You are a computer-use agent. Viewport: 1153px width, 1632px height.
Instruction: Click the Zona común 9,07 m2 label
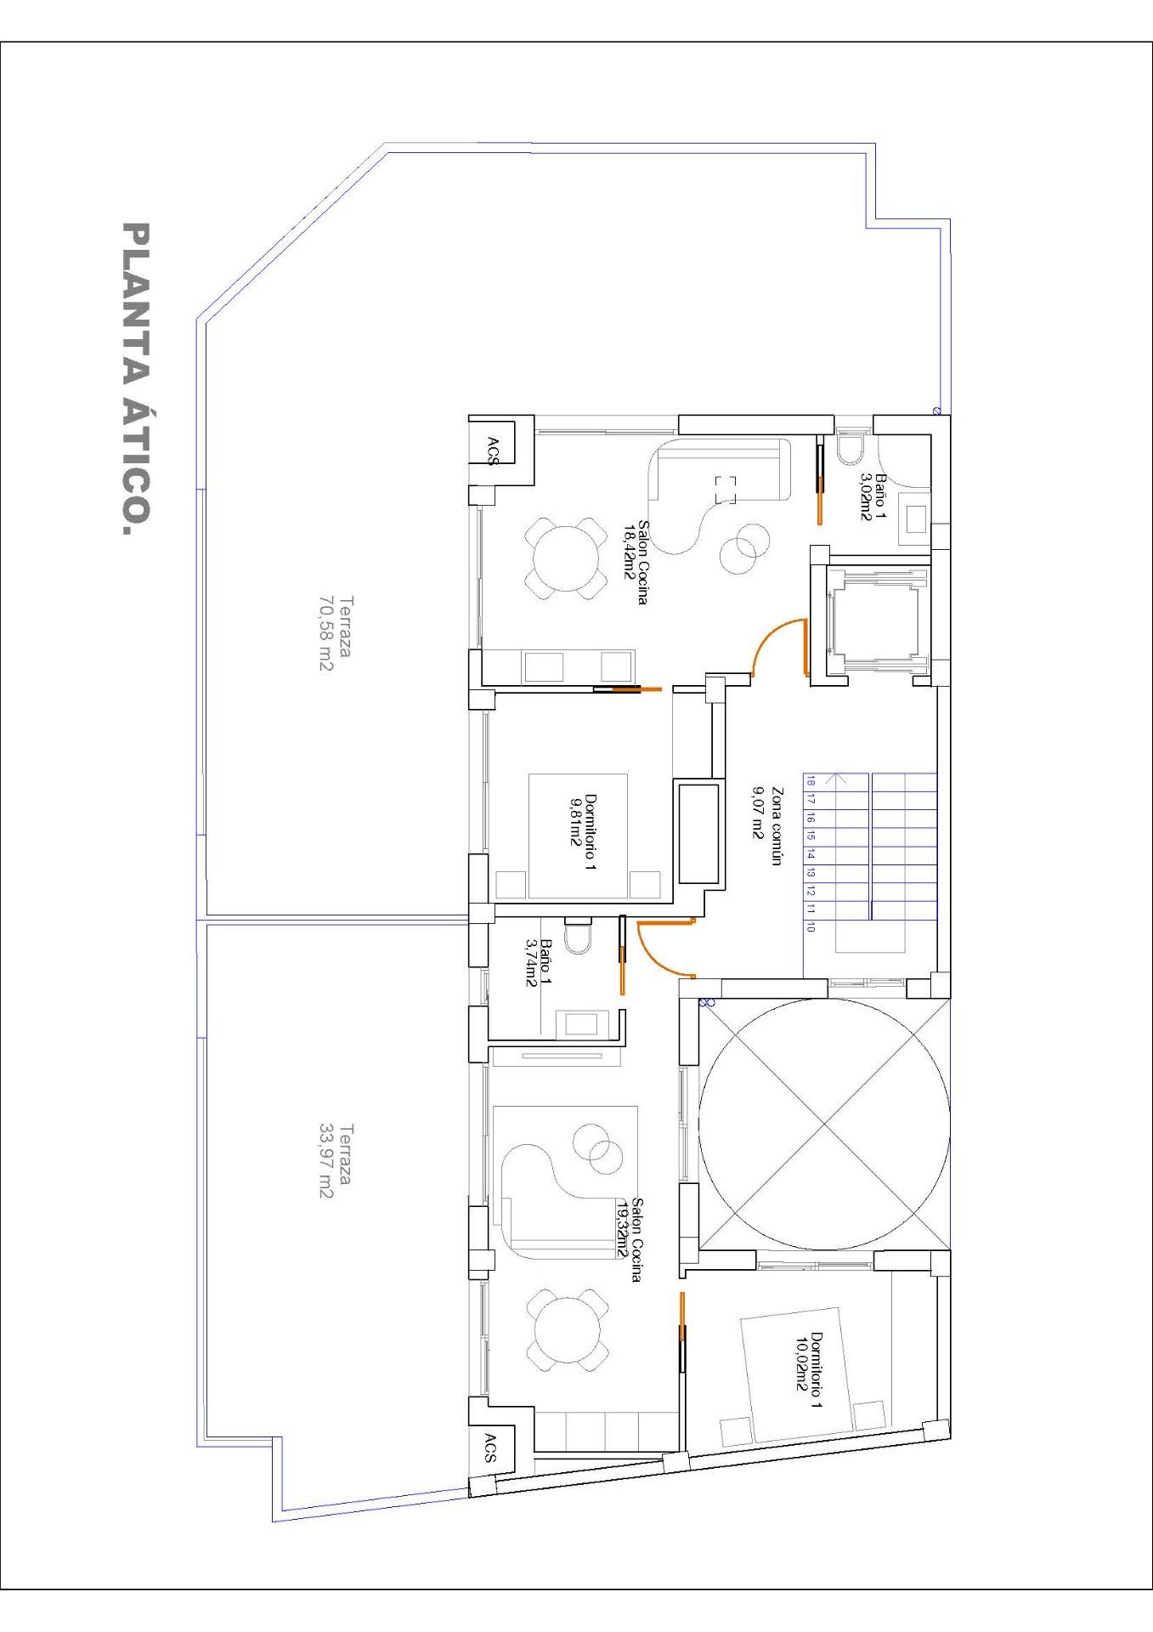[765, 825]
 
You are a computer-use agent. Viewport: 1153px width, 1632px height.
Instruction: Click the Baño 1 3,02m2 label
[873, 497]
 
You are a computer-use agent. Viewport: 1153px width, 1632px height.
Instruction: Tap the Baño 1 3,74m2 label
[539, 963]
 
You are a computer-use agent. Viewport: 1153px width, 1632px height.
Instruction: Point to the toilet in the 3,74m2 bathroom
[578, 938]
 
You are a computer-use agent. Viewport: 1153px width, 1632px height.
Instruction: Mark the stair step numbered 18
[811, 779]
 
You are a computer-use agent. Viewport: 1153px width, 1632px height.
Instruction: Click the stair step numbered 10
[811, 927]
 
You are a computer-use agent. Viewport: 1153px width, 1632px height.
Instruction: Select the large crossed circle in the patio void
[823, 1125]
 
